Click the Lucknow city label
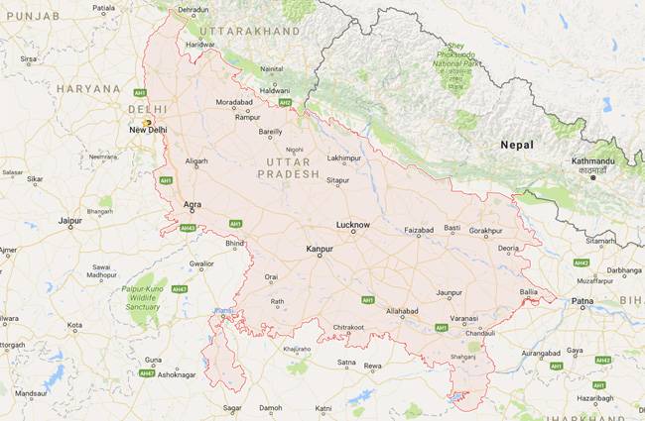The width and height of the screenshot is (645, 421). click(353, 225)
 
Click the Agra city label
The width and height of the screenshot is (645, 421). click(193, 205)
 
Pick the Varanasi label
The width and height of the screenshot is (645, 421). click(463, 318)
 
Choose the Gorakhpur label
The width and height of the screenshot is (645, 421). click(486, 230)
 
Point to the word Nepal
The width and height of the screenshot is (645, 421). click(517, 145)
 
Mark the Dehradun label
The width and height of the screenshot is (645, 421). click(193, 10)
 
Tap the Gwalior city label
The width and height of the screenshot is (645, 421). click(201, 264)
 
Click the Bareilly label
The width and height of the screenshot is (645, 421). click(270, 131)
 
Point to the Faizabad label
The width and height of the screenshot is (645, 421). click(419, 230)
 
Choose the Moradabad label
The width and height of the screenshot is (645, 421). click(234, 101)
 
